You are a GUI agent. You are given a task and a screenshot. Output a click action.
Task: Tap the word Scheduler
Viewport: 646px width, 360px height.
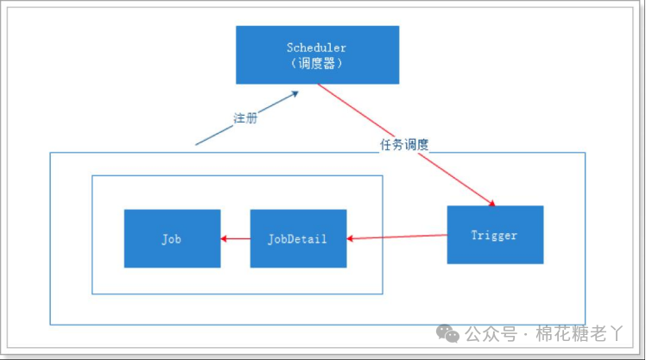[x=317, y=47]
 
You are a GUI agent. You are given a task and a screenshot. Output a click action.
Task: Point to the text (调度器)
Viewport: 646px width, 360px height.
[x=317, y=64]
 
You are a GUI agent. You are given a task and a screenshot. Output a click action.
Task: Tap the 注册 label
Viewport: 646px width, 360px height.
[x=244, y=117]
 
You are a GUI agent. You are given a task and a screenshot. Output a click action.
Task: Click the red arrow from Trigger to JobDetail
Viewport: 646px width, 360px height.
[x=397, y=236]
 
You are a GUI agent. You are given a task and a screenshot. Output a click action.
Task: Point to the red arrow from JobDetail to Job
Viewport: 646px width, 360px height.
[x=235, y=238]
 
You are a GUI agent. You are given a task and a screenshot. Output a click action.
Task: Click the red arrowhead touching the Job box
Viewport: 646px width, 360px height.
[x=225, y=238]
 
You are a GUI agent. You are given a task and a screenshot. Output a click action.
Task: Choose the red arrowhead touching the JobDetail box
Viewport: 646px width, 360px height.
[x=351, y=237]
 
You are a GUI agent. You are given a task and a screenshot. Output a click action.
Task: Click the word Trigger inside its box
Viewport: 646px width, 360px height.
[x=495, y=234]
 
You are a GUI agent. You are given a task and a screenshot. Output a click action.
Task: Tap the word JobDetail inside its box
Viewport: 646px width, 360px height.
[x=298, y=238]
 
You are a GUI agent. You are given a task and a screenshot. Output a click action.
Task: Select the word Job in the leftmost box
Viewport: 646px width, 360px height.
[x=172, y=238]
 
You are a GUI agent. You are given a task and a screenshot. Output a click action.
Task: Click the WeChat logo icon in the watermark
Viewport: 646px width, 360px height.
[x=447, y=332]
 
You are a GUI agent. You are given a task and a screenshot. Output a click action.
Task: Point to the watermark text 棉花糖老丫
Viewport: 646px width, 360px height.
[x=579, y=332]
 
